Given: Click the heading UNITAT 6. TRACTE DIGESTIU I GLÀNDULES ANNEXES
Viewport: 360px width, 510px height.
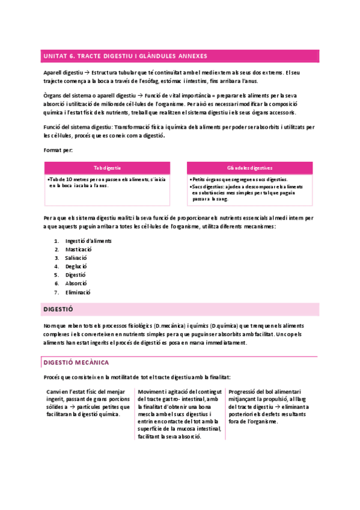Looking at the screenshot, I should tap(124, 56).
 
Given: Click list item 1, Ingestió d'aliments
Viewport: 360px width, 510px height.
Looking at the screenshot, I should tap(88, 241).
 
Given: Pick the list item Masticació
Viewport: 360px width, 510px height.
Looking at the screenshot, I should tap(79, 249).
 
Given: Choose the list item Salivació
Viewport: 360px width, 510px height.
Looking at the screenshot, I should tap(77, 257).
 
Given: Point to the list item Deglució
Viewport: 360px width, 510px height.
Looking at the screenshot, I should tap(76, 266).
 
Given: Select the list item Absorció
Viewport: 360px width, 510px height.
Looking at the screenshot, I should tap(76, 283).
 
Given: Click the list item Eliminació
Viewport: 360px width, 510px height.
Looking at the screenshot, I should tap(78, 292).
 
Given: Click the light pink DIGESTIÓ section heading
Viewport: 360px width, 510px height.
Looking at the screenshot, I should tap(58, 309).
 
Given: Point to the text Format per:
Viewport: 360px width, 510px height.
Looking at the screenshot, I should tap(58, 149).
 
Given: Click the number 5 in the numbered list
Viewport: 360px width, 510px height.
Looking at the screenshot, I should tap(56, 275).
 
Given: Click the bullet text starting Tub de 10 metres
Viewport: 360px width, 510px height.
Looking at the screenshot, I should tap(107, 182).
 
